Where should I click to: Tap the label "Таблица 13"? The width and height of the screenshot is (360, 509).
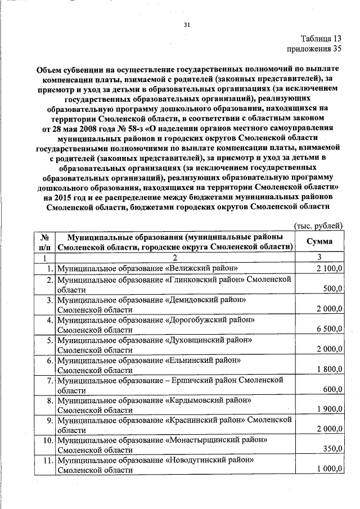[320, 39]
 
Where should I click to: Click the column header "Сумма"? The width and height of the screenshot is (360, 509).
[319, 241]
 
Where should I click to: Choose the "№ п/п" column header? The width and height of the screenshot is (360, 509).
[45, 241]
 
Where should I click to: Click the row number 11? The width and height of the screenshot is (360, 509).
[48, 460]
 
